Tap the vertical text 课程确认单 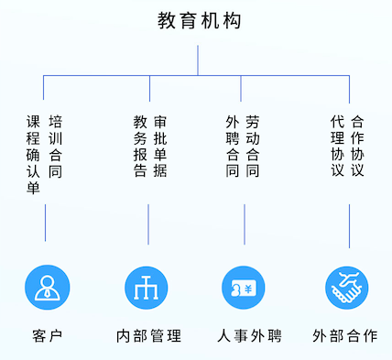(34, 154)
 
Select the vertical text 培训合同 (56, 146)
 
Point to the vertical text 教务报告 (140, 146)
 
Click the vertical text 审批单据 (161, 146)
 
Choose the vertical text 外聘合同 (232, 146)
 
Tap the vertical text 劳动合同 (253, 146)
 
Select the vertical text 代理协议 (337, 146)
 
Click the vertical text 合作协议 (358, 146)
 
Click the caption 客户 (45, 335)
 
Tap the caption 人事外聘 (244, 335)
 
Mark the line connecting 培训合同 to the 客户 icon (45, 222)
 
